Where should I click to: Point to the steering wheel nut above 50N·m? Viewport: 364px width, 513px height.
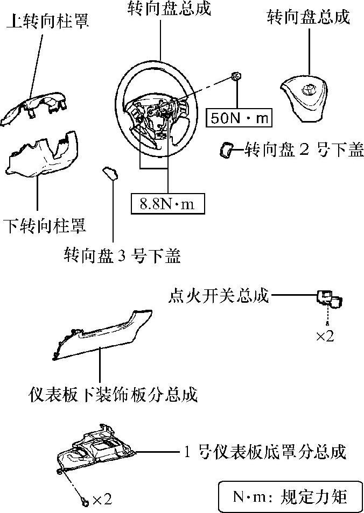pos(236,77)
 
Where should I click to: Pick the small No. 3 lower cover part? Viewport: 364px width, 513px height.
pos(110,173)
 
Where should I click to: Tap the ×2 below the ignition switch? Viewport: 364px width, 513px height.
pos(325,336)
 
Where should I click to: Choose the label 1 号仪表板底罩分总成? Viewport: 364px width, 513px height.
pos(263,451)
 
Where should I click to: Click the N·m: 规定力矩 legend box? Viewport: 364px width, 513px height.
pos(290,496)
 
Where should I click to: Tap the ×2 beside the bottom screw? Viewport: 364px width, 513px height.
pos(102,500)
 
